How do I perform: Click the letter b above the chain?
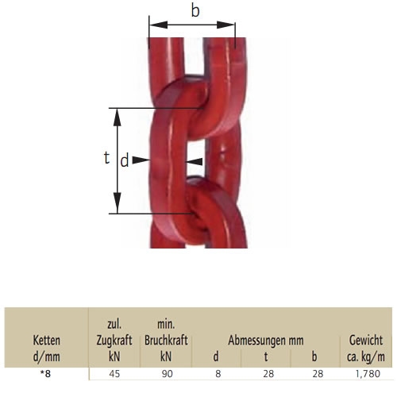[x=195, y=11]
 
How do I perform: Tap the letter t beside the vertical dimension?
[x=106, y=158]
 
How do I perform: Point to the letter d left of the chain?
[x=125, y=160]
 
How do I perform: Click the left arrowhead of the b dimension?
[x=159, y=25]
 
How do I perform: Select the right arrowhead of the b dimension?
[x=225, y=25]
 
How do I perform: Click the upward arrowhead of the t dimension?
[x=117, y=118]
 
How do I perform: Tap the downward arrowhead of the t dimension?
[x=117, y=203]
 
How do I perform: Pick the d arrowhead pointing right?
[x=141, y=160]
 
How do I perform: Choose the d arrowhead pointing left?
[x=195, y=161]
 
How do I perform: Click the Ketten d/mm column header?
[x=47, y=349]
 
